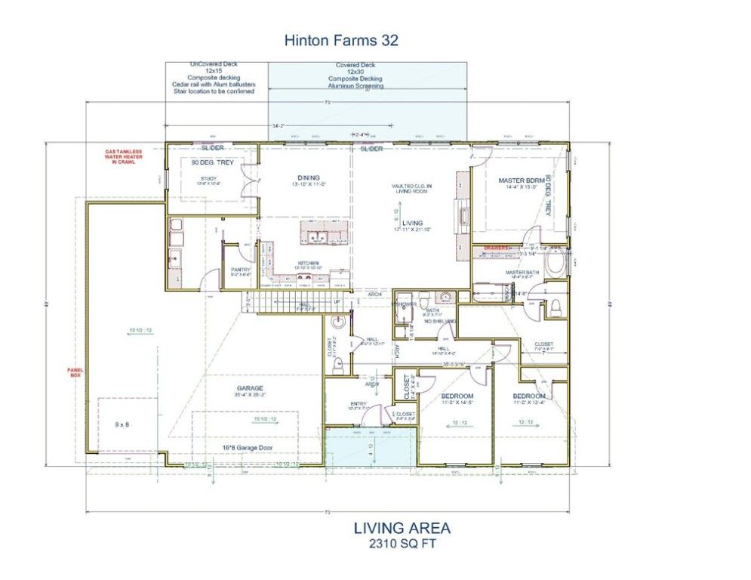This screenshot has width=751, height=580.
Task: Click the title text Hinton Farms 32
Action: click(x=341, y=40)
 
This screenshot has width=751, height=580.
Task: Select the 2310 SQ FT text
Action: click(x=402, y=543)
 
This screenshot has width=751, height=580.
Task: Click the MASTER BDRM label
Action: click(x=521, y=180)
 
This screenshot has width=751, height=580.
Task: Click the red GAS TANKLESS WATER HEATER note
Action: click(x=123, y=156)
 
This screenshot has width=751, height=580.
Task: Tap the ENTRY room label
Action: click(x=358, y=404)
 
